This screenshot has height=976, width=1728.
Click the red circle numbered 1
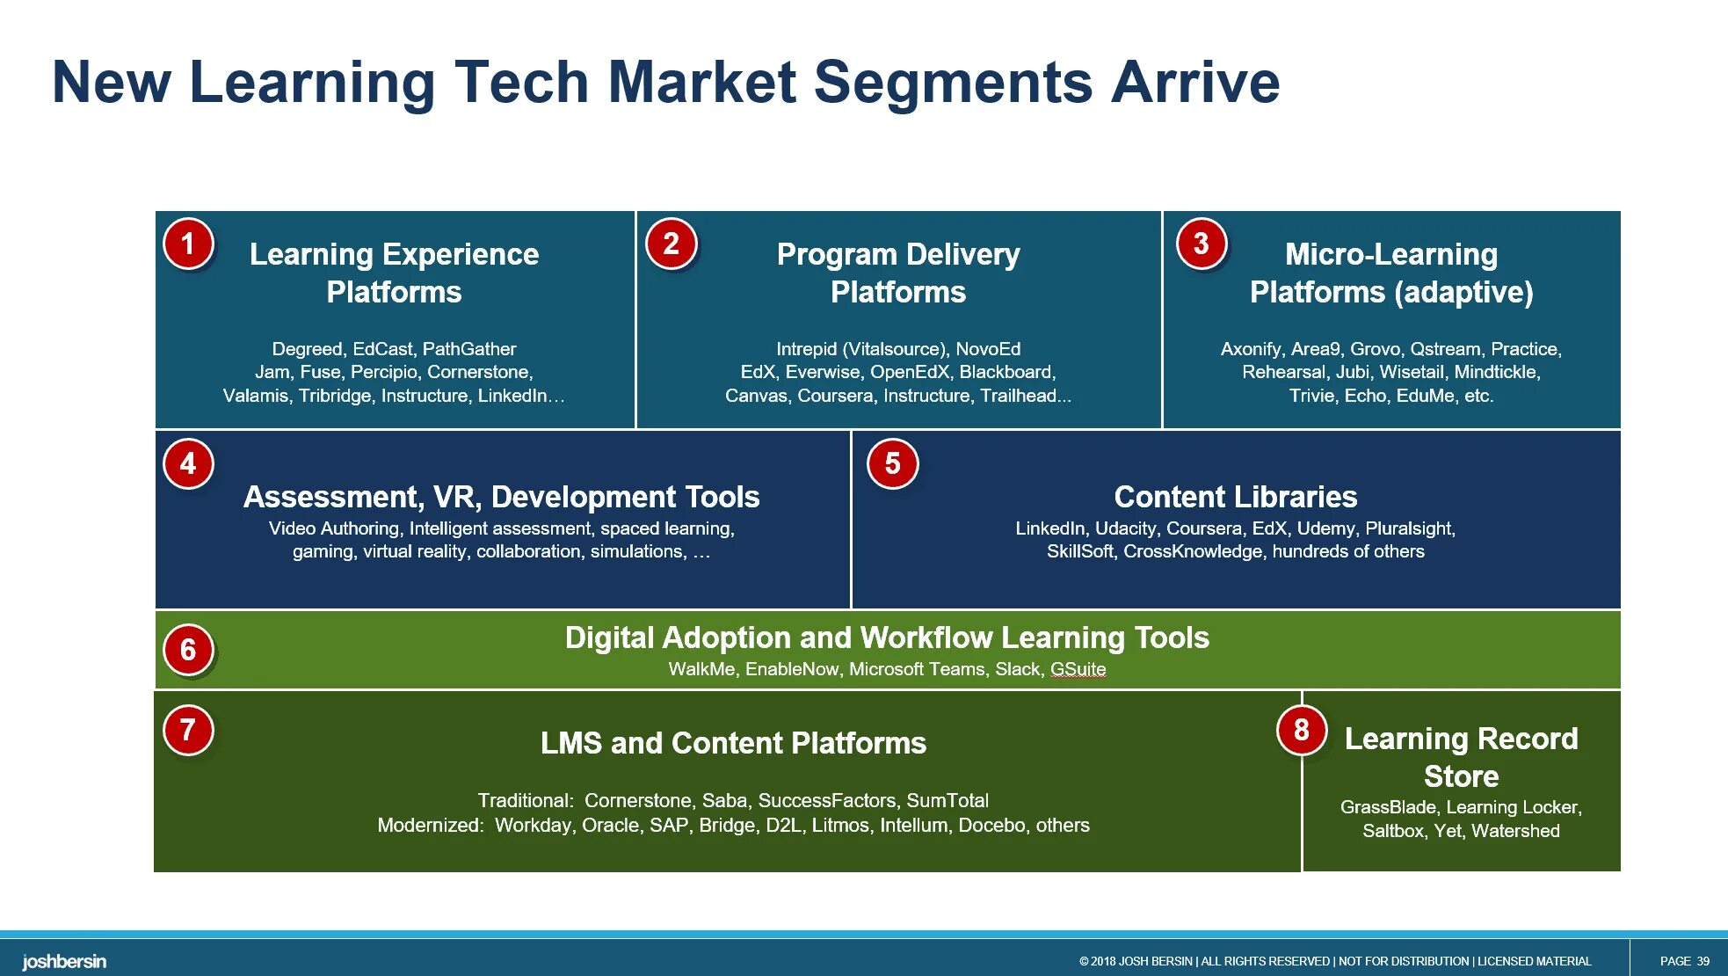(188, 244)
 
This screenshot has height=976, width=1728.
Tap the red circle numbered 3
(1201, 244)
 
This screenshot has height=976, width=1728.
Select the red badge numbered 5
(892, 463)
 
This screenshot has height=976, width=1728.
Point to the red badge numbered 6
(188, 650)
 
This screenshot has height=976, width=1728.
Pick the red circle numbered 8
(1301, 730)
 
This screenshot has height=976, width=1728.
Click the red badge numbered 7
(188, 730)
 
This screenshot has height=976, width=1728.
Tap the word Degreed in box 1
(308, 349)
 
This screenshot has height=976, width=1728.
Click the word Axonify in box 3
(1251, 349)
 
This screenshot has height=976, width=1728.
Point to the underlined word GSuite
(1078, 669)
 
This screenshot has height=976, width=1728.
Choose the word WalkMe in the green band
(701, 669)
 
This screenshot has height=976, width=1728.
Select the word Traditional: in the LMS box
(526, 801)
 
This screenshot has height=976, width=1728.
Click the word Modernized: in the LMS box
(431, 826)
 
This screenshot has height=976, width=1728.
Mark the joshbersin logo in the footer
(64, 961)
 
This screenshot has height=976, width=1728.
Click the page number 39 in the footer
(1703, 961)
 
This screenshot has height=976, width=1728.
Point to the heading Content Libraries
(1235, 497)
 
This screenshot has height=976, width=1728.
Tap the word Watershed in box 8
(1515, 831)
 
